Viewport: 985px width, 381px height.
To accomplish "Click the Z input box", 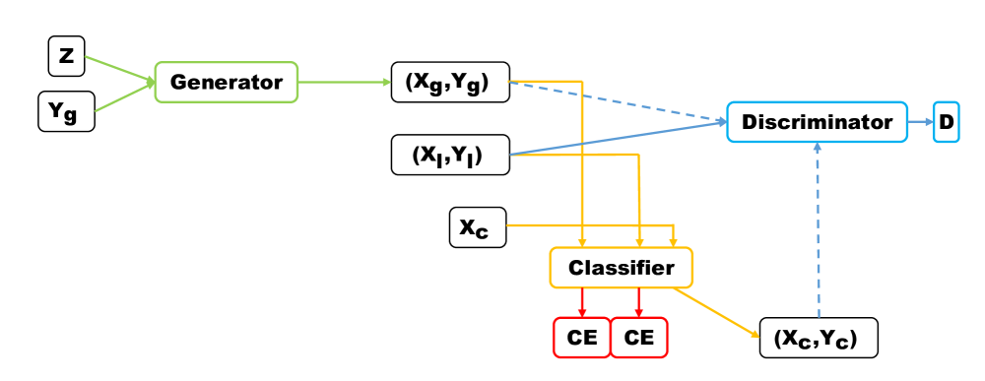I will (66, 57).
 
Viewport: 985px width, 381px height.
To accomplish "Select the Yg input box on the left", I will (66, 111).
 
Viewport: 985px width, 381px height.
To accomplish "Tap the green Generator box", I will (226, 83).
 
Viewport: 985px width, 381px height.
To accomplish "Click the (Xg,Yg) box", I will (450, 84).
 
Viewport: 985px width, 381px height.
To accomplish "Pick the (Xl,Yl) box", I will (450, 155).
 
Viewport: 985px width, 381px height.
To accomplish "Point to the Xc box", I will (477, 227).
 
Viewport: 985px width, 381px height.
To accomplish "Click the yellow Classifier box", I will (620, 268).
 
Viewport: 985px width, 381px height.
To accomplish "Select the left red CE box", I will (580, 338).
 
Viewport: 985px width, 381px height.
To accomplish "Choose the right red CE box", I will (639, 338).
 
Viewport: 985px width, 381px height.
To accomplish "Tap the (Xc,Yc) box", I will (819, 338).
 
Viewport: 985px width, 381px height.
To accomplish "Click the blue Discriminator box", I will (817, 122).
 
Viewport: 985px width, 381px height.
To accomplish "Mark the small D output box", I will (946, 122).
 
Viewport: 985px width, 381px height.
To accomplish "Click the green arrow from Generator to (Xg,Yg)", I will (344, 83).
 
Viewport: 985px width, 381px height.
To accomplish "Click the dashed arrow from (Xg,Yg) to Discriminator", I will (621, 103).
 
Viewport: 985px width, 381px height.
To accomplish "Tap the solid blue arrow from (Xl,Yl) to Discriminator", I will (621, 139).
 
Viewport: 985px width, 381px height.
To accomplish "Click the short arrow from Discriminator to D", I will (919, 122).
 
